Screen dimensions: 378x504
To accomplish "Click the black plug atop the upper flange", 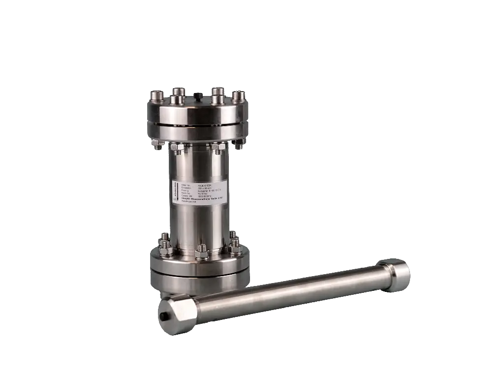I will pos(198,94).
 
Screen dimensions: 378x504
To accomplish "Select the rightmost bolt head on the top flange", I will pos(239,95).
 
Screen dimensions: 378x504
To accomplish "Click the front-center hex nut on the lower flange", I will pos(202,253).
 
